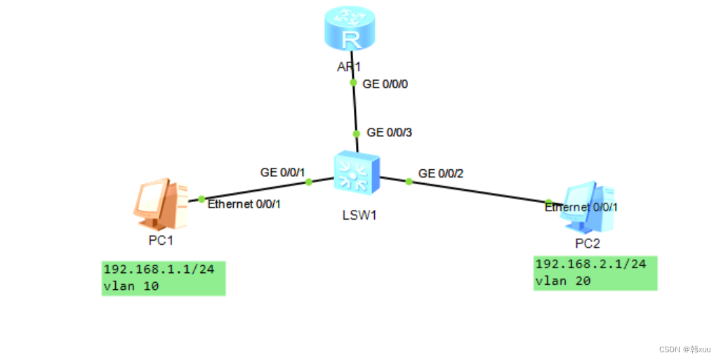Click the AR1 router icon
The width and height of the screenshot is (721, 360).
[x=350, y=30]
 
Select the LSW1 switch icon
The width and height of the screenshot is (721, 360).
[x=356, y=172]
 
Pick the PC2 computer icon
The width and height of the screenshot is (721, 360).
[x=588, y=209]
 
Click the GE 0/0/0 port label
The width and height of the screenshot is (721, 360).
[x=385, y=84]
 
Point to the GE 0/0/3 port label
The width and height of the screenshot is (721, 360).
[x=390, y=132]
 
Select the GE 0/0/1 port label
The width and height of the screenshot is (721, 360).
[x=284, y=171]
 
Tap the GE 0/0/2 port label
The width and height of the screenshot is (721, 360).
[x=441, y=173]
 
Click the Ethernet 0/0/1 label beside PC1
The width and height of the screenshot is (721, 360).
[x=244, y=204]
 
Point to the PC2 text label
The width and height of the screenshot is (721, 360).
[x=588, y=244]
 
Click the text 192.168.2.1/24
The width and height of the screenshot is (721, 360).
[x=590, y=265]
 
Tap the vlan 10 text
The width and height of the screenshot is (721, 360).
[x=131, y=286]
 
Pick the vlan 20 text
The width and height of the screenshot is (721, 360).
[x=563, y=281]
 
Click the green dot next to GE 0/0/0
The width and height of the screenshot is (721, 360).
[x=353, y=83]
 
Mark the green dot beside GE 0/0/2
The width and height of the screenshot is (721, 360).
[x=409, y=182]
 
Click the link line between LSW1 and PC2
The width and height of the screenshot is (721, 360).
[x=477, y=192]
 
